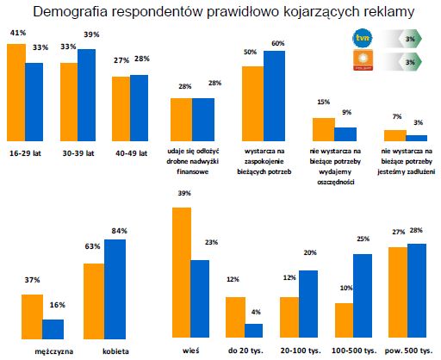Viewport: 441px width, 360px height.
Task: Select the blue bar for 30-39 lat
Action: tap(88, 96)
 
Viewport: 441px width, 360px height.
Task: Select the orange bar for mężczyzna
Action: tap(31, 319)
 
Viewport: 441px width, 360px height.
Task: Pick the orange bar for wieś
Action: tap(182, 275)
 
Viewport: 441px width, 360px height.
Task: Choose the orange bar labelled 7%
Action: tap(394, 135)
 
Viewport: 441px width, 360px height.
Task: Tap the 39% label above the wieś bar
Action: tap(182, 196)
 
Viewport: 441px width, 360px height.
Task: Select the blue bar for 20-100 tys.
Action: tap(308, 306)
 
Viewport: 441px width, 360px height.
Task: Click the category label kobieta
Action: tap(104, 351)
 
